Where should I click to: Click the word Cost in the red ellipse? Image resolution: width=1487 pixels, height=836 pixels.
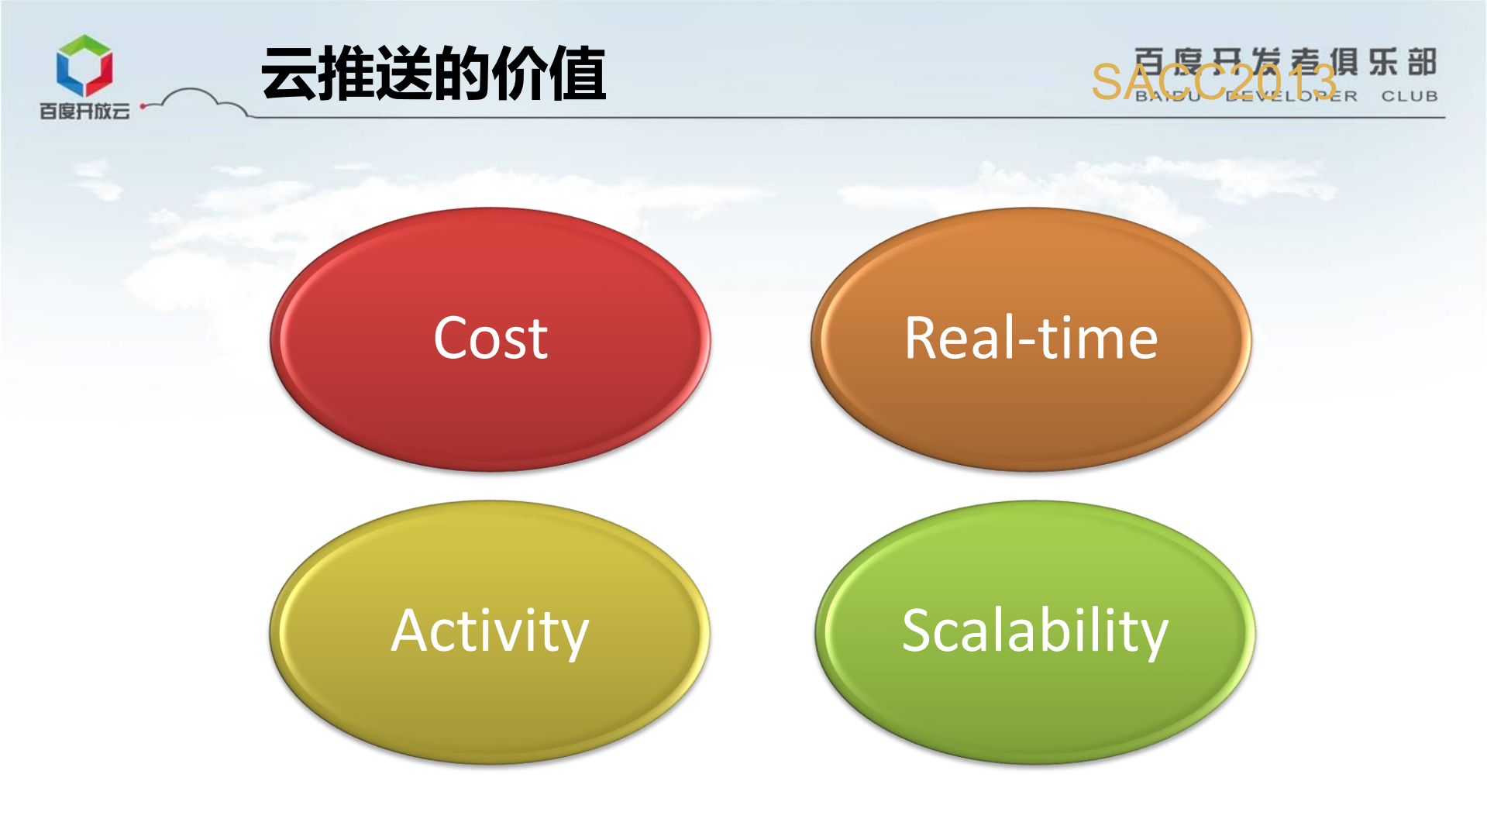pos(491,339)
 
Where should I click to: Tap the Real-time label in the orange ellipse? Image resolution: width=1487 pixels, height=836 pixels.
pos(1031,339)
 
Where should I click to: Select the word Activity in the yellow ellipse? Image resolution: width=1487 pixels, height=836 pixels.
pos(490,631)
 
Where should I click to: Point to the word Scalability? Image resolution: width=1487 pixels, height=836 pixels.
pos(1034,631)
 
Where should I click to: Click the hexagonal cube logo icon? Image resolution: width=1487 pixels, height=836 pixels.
pos(84,65)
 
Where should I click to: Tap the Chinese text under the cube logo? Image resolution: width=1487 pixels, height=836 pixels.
pos(84,112)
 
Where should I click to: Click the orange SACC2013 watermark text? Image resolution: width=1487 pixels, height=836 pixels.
pos(1213,82)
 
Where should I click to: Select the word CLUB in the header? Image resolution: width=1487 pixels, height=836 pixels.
pos(1410,96)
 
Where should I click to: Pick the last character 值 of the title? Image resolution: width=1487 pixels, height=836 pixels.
pos(577,74)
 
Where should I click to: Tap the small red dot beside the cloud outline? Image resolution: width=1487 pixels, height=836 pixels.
pos(143,106)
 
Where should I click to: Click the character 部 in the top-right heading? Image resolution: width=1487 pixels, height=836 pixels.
pos(1422,62)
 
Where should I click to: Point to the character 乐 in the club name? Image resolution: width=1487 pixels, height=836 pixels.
pos(1383,62)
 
